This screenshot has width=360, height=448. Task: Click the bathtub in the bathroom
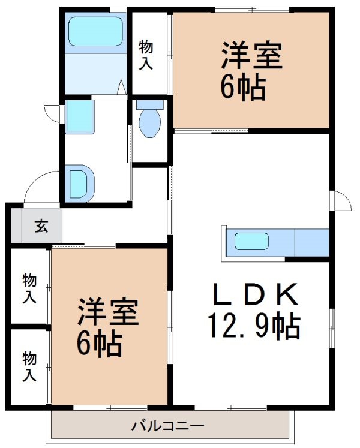point(95,31)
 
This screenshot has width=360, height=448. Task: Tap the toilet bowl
point(149,123)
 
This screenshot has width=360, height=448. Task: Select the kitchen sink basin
point(251,242)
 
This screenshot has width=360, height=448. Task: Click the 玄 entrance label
point(41,225)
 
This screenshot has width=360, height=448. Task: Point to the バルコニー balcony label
point(168,426)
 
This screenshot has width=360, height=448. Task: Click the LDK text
point(254,294)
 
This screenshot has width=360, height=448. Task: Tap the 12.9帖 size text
point(254,326)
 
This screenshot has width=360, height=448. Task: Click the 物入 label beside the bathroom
point(146,55)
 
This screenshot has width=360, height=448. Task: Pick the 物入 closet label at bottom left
point(29,367)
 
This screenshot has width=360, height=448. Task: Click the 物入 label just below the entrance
point(29,288)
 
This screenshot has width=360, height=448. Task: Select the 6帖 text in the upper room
point(243,86)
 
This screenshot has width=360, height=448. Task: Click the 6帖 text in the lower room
point(99,343)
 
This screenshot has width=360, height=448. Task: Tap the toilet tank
point(150,105)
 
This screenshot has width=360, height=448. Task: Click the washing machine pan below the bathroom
point(79,117)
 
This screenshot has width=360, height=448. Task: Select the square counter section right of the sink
point(312,242)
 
